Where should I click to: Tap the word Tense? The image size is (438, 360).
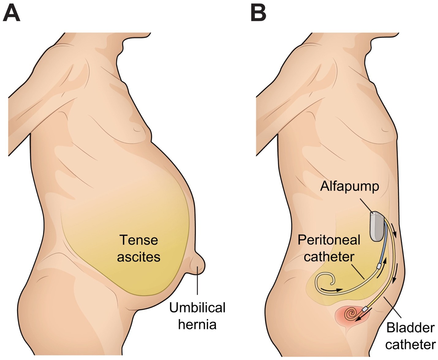(x=138, y=240)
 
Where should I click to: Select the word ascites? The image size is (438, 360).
(x=138, y=257)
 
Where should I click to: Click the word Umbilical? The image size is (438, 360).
(x=197, y=308)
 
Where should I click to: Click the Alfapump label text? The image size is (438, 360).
(x=349, y=186)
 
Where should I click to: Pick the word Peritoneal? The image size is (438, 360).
(x=329, y=240)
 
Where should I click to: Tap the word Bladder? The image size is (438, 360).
(x=410, y=328)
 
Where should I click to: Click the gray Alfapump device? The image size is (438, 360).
(x=377, y=226)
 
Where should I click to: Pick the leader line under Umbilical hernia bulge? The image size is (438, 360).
(x=197, y=285)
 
